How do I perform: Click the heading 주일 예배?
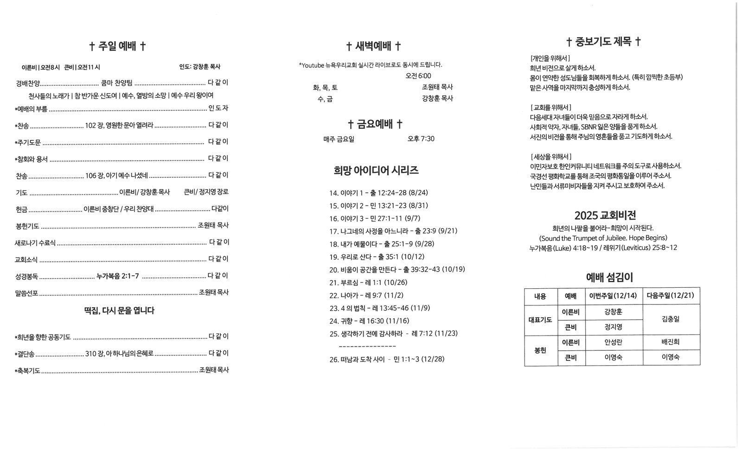118,46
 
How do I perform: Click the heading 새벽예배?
374,46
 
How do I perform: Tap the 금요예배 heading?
375,124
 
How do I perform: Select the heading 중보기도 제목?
603,42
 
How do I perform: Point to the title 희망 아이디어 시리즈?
376,170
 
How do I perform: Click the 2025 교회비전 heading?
605,215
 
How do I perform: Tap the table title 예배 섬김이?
609,277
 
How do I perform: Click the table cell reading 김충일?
671,319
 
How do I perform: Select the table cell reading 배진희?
671,342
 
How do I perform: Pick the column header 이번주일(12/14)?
613,296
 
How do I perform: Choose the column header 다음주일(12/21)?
671,296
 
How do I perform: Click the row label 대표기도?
540,319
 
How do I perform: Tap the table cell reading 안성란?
613,342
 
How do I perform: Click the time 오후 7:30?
421,139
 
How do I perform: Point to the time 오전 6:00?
418,76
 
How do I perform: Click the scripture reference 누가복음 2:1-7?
117,276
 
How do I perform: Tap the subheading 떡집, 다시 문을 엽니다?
119,311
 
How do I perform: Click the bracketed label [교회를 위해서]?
550,107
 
